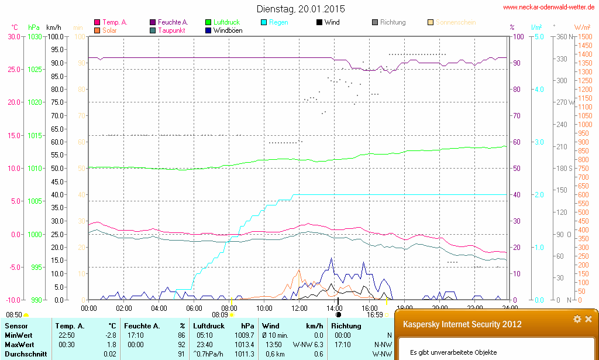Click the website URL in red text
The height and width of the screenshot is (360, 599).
coord(549,8)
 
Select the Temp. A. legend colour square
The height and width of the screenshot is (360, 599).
coord(97,22)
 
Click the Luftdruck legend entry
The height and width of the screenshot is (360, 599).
coord(226,22)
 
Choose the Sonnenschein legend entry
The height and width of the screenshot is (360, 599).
coord(455,22)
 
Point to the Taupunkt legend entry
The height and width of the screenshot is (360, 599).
coord(172,30)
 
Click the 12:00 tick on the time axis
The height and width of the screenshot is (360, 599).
coord(299,308)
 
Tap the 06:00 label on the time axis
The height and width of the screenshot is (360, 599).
coord(194,308)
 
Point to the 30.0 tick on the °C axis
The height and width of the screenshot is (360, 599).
coord(13,36)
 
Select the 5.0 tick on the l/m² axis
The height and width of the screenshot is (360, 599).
coord(538,36)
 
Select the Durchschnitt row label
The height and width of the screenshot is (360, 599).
coord(24,354)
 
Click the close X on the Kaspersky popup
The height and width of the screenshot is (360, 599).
coord(588,319)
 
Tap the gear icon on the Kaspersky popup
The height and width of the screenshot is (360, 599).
coord(577,319)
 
